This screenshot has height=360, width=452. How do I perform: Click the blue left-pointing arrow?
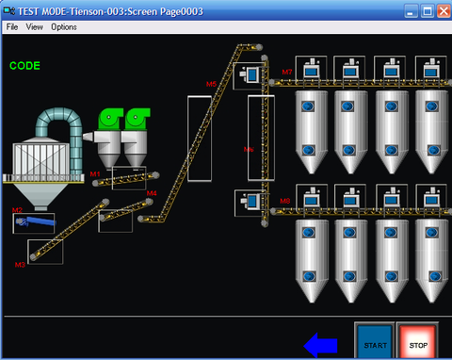321,346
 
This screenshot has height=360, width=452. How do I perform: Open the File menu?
12,27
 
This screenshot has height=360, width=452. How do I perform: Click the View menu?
35,27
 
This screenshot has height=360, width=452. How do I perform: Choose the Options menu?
64,27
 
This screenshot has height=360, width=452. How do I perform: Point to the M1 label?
94,174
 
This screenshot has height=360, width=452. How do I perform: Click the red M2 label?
17,210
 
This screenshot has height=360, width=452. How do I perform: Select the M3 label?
20,265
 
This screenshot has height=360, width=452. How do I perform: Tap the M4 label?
151,193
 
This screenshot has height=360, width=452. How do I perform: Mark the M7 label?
287,72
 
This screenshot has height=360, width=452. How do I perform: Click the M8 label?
285,201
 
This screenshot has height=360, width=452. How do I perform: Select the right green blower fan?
137,118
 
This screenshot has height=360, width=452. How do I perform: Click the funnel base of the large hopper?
38,196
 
